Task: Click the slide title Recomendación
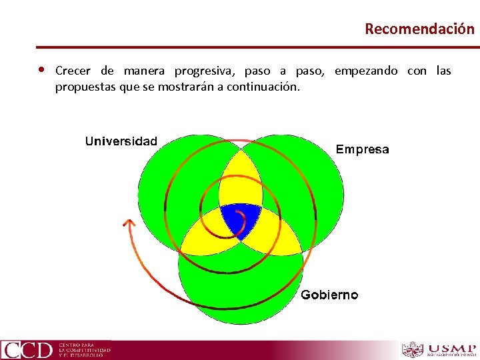(419, 29)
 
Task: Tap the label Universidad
(121, 141)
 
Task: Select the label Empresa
(362, 149)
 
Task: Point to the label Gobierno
(329, 295)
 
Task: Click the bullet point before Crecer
(41, 70)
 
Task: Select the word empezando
(366, 71)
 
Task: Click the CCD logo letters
(27, 350)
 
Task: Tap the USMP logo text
(452, 349)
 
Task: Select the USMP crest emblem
(412, 350)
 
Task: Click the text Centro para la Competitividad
(84, 349)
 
